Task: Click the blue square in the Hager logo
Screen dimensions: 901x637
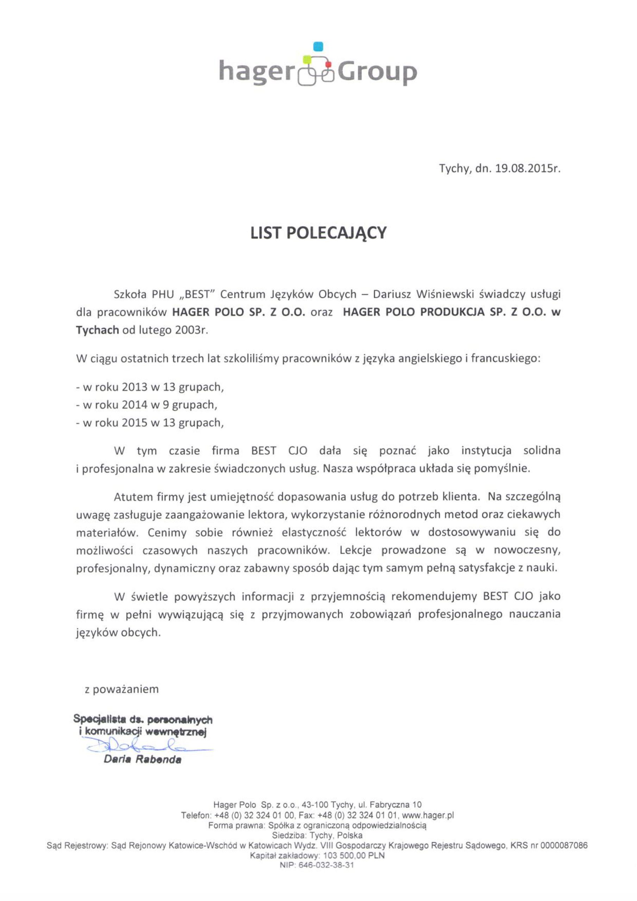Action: (x=318, y=47)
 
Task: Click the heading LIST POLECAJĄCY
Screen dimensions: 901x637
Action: (x=318, y=233)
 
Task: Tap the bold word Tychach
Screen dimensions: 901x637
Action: (x=98, y=330)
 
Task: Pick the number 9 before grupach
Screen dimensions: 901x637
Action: (x=160, y=405)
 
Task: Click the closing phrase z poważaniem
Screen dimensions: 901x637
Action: (x=122, y=689)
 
